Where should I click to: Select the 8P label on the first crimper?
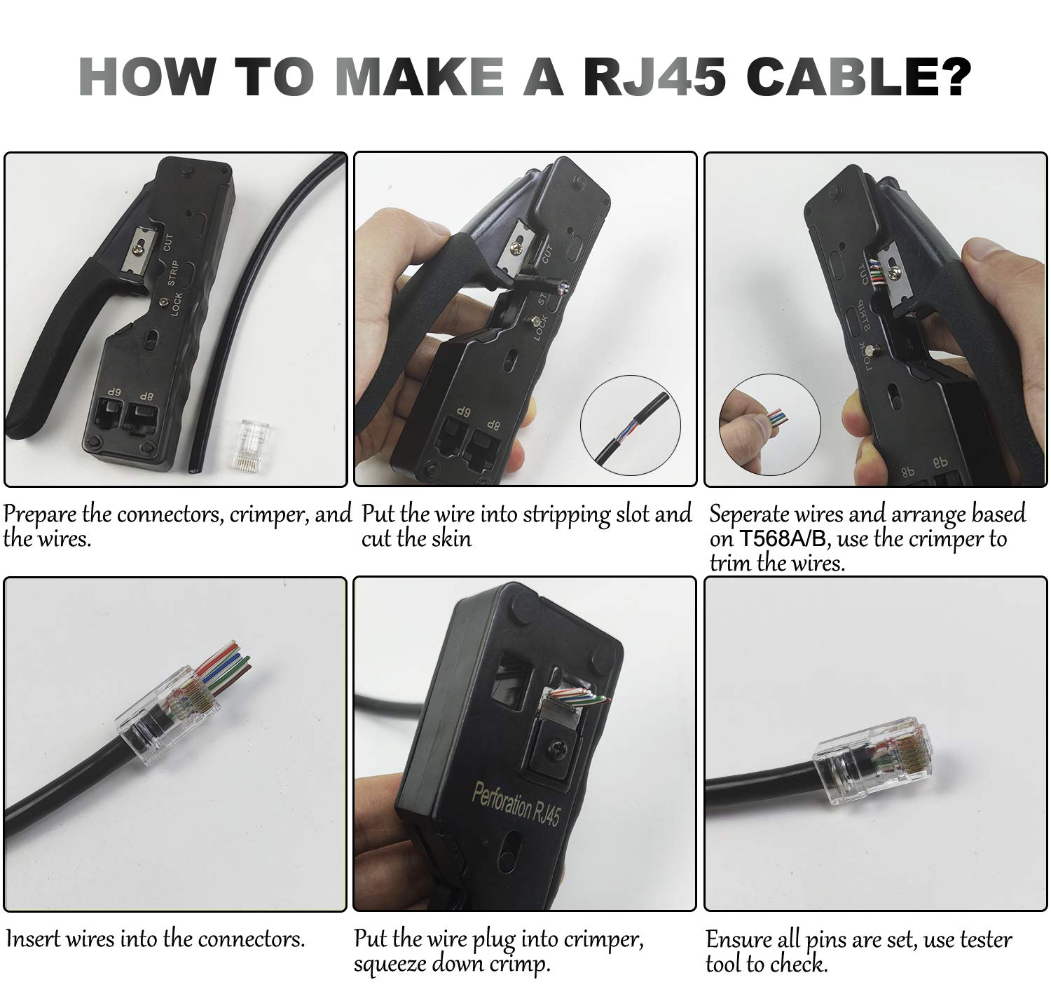point(145,396)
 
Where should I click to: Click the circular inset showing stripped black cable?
point(630,425)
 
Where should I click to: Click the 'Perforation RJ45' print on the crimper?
point(515,804)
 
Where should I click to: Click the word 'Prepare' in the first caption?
point(41,515)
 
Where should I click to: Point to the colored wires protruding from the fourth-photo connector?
point(224,665)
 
